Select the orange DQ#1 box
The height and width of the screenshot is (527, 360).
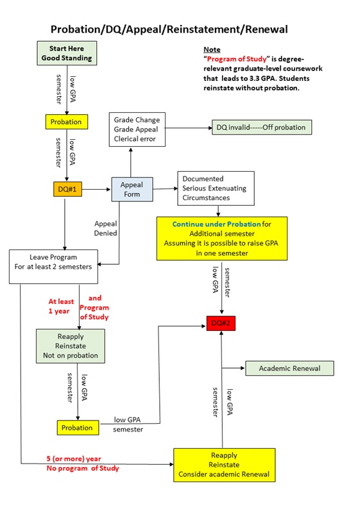click(67, 189)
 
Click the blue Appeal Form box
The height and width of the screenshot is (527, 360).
click(132, 190)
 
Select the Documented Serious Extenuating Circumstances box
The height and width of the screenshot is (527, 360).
click(216, 188)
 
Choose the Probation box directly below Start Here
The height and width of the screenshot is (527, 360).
click(66, 121)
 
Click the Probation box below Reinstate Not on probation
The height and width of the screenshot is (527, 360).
click(76, 428)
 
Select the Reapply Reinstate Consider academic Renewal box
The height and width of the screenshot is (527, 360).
click(224, 464)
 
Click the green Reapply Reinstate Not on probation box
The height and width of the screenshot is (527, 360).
click(70, 346)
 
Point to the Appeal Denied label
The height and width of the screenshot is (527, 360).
click(105, 229)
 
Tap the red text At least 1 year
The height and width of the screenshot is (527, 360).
click(62, 306)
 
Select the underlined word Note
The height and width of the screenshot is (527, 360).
click(211, 49)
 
